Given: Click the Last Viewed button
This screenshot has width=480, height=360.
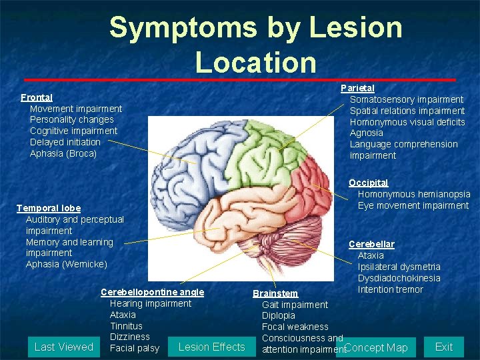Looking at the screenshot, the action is [x=64, y=347].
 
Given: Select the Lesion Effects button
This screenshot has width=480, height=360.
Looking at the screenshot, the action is [x=212, y=347].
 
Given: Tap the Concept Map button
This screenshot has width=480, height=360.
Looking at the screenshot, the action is [x=377, y=347].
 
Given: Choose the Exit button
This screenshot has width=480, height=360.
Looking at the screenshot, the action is [x=444, y=347].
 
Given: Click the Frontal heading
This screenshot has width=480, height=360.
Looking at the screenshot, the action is [x=37, y=97].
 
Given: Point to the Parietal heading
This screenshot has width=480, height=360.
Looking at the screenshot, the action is [x=357, y=88].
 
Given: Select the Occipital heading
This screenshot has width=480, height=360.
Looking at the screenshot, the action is [x=368, y=183].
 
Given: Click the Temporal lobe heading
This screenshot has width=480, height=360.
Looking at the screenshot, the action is [x=49, y=208].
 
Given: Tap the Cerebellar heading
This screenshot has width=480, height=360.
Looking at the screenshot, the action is [x=371, y=244].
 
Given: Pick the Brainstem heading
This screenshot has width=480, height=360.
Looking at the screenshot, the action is [x=275, y=293].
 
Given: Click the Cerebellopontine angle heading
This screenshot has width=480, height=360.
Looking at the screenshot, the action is [x=152, y=292].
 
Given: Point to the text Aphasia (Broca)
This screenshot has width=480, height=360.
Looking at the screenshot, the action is [x=63, y=153].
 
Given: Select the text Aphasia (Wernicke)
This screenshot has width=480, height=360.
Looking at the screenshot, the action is [x=66, y=264].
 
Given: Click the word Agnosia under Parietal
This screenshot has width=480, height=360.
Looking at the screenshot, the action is [x=367, y=133].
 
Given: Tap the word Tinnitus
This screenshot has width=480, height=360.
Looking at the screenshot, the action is [x=126, y=326].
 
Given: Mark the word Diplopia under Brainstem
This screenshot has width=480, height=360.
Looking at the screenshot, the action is [x=279, y=316].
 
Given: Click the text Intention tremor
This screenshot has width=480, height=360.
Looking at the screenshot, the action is [x=390, y=289].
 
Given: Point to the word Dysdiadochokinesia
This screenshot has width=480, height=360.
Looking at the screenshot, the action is [x=399, y=278].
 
